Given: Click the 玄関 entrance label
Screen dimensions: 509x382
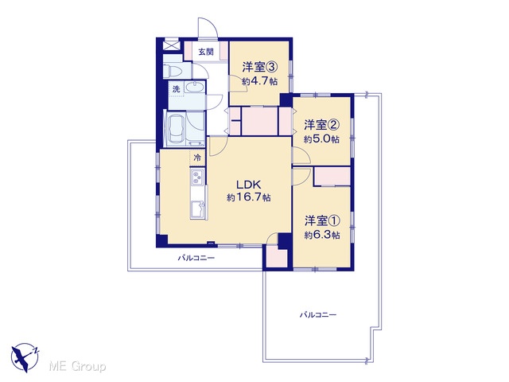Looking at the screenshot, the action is (206, 52).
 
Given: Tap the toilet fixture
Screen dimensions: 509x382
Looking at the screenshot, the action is (169, 71).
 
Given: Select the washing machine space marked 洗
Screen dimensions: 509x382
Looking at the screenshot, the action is (176, 89).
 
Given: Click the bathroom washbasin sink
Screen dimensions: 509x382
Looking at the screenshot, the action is (194, 88).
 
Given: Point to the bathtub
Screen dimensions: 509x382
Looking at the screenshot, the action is (177, 127).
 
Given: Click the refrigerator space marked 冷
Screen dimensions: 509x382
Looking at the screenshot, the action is (197, 158).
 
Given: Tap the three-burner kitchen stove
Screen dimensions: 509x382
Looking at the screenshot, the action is (197, 177).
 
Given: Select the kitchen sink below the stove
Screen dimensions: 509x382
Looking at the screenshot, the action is (198, 209).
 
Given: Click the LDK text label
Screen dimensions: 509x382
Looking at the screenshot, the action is (248, 185).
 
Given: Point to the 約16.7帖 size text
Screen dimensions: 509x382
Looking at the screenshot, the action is (249, 197).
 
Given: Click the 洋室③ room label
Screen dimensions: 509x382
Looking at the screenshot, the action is (259, 67).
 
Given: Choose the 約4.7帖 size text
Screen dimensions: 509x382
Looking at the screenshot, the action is (259, 81).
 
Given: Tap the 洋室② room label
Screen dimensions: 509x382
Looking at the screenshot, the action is (321, 125).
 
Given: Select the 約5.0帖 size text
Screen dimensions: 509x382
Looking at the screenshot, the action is (321, 139).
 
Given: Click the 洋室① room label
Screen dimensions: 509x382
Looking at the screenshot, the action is (322, 221).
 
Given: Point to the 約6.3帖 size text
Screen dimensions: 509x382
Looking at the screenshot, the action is (322, 235).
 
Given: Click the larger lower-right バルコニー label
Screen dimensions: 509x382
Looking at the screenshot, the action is (318, 315).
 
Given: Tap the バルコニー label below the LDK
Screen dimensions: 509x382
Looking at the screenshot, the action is (196, 258).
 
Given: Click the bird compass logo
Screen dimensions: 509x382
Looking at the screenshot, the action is (25, 357).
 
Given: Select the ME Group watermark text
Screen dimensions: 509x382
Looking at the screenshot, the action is (77, 367).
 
